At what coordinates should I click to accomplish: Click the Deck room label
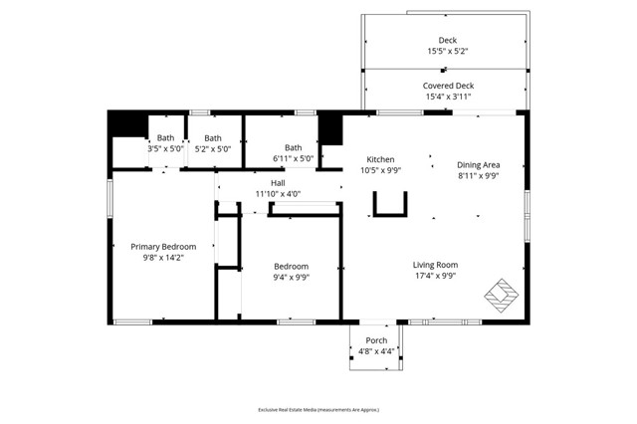(x=448, y=41)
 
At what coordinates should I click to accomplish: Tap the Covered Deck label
(x=448, y=86)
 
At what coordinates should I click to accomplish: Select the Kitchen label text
(x=380, y=159)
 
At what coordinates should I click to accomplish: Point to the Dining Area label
(x=478, y=164)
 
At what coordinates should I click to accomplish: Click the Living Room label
(x=435, y=265)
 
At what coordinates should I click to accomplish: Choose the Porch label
(x=376, y=340)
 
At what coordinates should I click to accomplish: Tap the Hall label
(x=278, y=183)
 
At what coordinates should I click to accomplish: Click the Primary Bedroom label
(x=163, y=247)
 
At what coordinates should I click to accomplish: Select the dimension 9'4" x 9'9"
(x=292, y=278)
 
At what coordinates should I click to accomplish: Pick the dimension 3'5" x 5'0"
(x=165, y=149)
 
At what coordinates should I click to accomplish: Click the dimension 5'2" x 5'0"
(x=212, y=149)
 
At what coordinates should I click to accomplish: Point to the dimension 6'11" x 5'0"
(x=293, y=158)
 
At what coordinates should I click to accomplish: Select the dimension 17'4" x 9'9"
(x=435, y=276)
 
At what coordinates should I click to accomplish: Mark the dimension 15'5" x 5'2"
(x=448, y=52)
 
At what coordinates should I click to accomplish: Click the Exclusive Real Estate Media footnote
(x=318, y=409)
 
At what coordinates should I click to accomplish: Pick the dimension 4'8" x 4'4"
(x=376, y=351)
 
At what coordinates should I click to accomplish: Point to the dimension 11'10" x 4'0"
(x=278, y=194)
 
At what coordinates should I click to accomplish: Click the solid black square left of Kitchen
(x=329, y=130)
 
